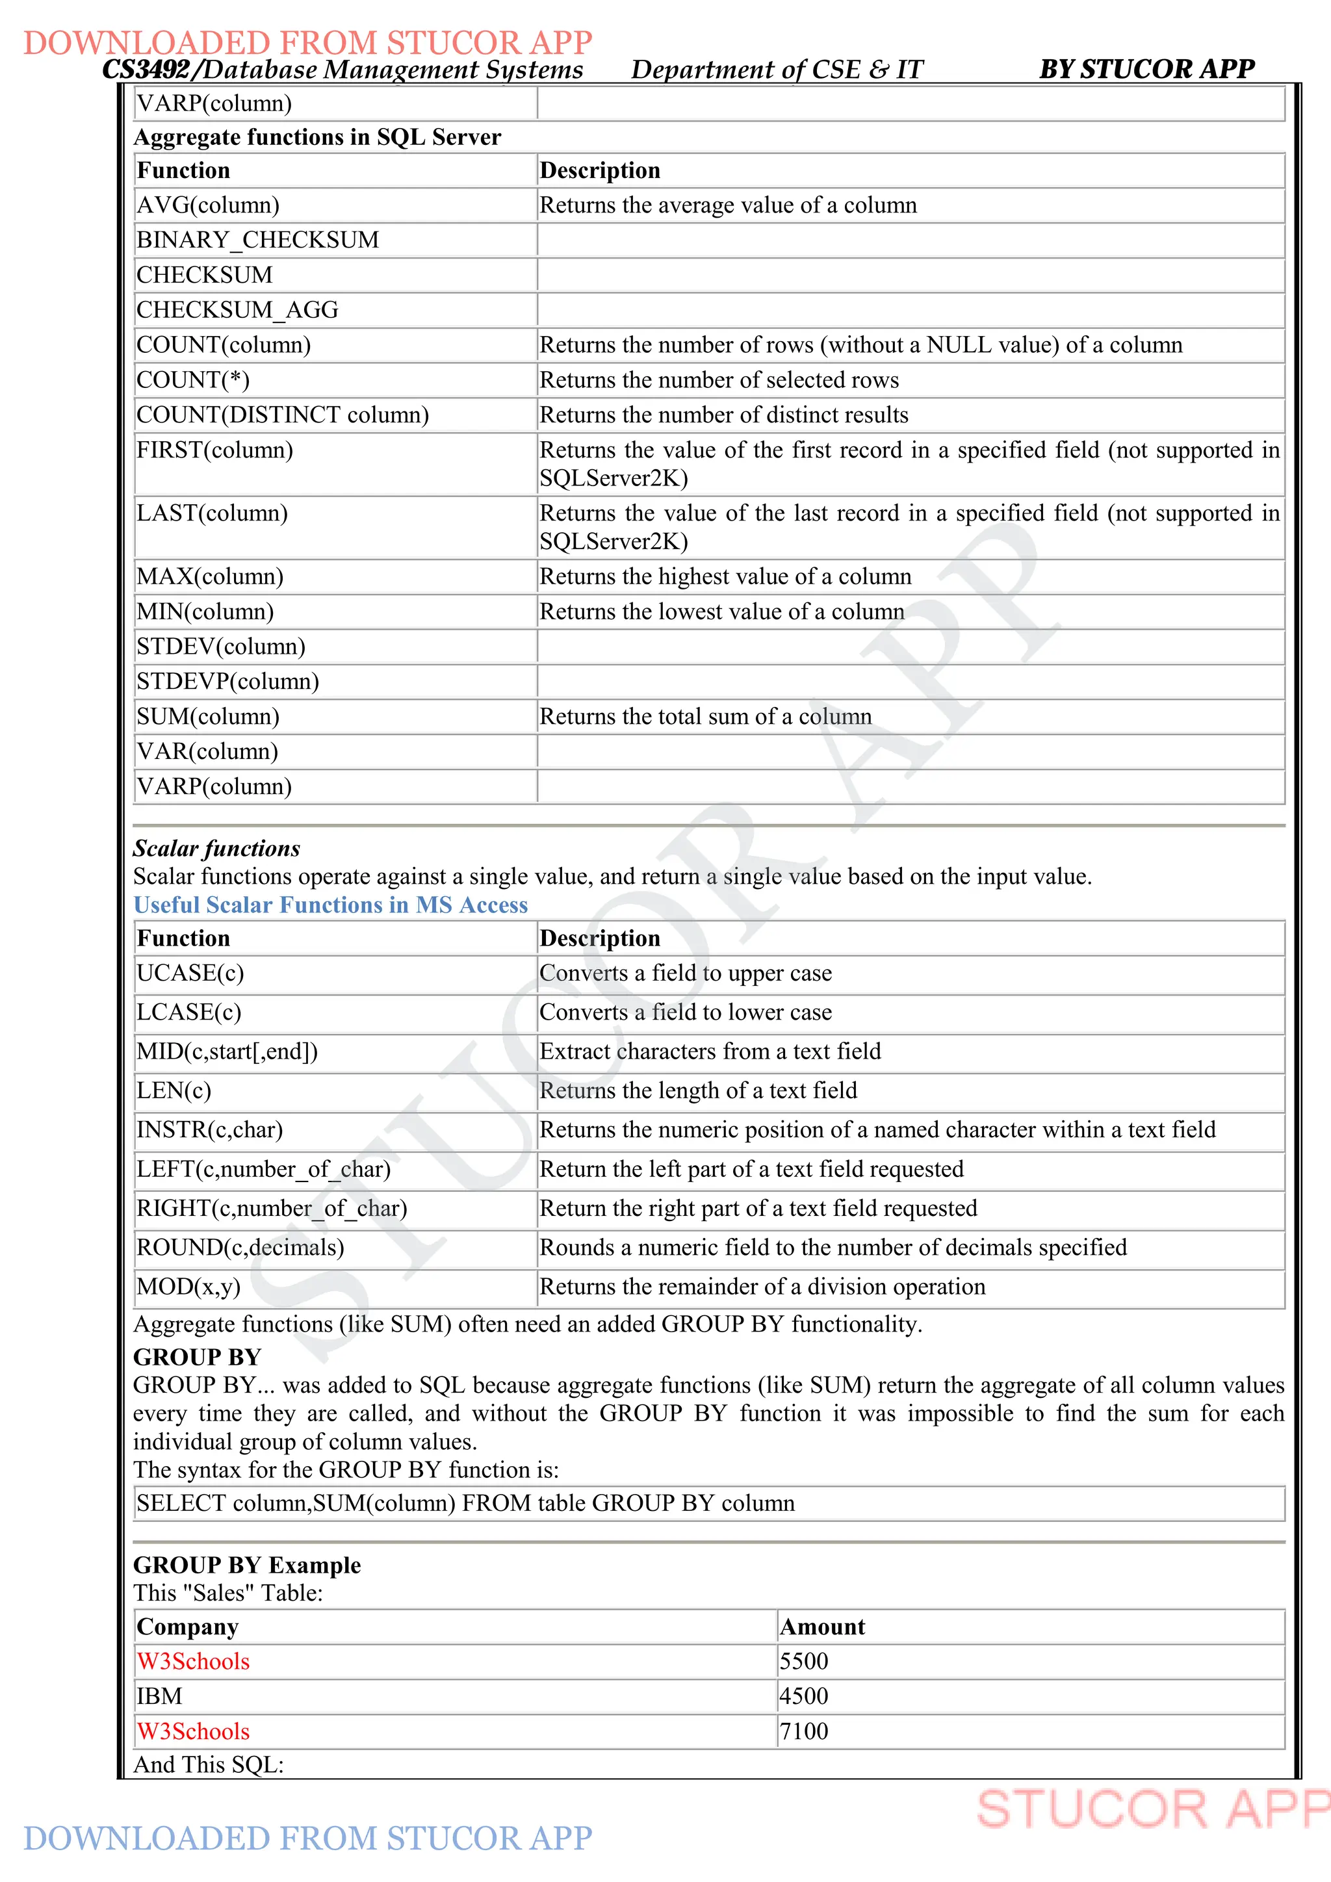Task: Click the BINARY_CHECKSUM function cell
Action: [x=257, y=240]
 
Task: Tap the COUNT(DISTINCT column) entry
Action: [x=282, y=415]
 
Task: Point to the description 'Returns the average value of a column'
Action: [x=727, y=205]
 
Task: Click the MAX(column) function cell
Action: [x=210, y=577]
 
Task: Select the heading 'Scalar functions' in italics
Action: [x=216, y=848]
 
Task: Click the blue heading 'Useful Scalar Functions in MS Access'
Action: [x=330, y=905]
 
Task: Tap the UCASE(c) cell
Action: [x=190, y=973]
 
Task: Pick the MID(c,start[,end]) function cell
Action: [x=227, y=1051]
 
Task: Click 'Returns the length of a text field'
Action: [x=697, y=1091]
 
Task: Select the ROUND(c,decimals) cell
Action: [x=240, y=1248]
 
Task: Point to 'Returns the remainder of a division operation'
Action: [x=762, y=1287]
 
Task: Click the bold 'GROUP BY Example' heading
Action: [x=247, y=1565]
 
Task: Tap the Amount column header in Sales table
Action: [x=822, y=1627]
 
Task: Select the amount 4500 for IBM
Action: [x=803, y=1696]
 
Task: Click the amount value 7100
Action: [x=803, y=1731]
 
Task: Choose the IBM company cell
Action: [x=159, y=1696]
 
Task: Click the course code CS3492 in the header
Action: [x=146, y=70]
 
